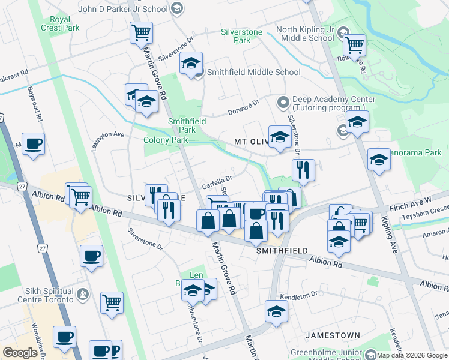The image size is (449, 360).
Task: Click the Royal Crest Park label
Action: click(x=60, y=22)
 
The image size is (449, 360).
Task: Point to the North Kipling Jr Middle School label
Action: click(x=304, y=34)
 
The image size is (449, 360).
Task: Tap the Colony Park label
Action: click(x=166, y=140)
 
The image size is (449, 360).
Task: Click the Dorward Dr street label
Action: click(x=243, y=107)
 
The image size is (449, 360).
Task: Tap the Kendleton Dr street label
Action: click(x=298, y=295)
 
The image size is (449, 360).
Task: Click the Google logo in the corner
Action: click(x=20, y=352)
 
